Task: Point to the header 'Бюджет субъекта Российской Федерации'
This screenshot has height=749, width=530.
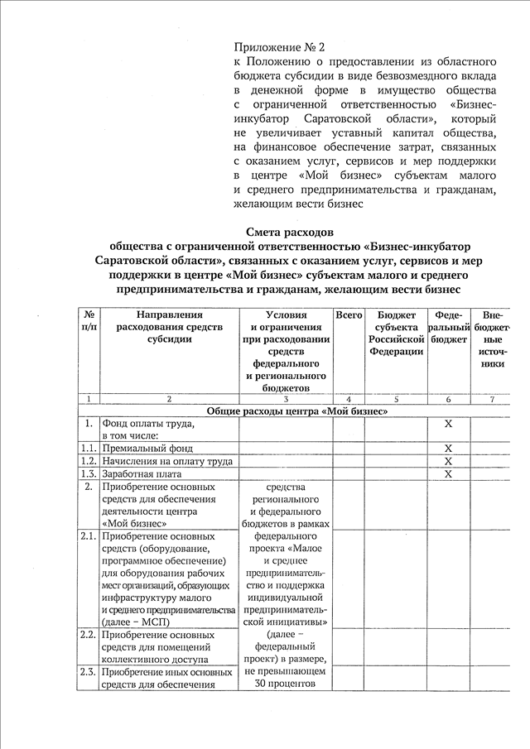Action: tap(396, 333)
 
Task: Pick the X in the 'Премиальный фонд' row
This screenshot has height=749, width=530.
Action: tap(448, 448)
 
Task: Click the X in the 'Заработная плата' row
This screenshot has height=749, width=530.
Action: tap(448, 474)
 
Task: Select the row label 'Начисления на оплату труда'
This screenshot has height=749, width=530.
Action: tap(166, 461)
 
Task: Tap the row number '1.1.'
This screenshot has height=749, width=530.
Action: tap(88, 448)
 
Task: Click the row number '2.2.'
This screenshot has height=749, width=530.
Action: tap(88, 635)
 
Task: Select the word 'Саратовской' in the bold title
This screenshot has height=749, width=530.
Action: tap(139, 261)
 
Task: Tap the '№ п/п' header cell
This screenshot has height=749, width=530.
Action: tap(88, 321)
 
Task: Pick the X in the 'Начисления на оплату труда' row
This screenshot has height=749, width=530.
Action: tap(448, 461)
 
